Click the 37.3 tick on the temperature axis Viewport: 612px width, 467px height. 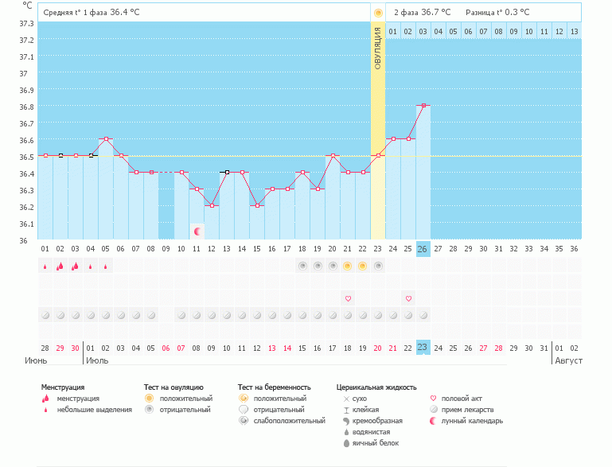tap(25, 23)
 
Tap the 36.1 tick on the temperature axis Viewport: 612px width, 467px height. tap(25, 224)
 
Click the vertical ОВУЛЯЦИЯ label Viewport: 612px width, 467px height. tap(378, 47)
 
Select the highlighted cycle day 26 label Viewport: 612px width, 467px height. tap(423, 249)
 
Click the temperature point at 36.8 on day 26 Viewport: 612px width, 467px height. tap(424, 105)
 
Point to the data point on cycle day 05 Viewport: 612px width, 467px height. tap(106, 139)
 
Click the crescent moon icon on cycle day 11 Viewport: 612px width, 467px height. tap(197, 231)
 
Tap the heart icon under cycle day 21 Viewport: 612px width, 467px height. tap(348, 298)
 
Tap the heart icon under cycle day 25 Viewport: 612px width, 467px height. tap(408, 298)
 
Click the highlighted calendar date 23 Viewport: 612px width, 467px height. tap(423, 348)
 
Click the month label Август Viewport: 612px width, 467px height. tap(568, 361)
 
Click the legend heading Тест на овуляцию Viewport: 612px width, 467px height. tap(173, 387)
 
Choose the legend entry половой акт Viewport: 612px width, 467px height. tap(462, 398)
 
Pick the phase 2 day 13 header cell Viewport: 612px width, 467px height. tap(574, 31)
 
